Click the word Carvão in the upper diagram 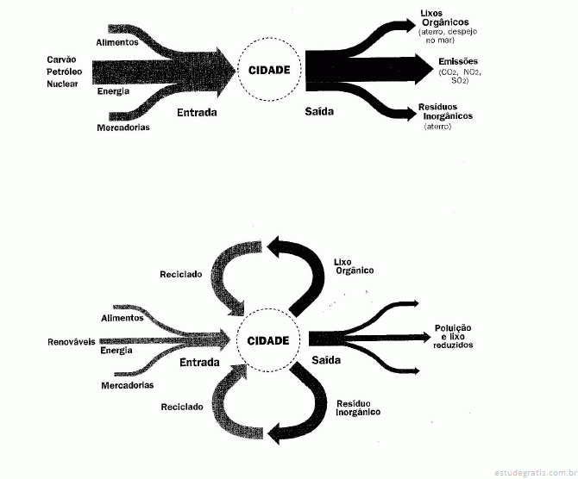pos(61,59)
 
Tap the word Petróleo pos(64,72)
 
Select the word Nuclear pos(62,84)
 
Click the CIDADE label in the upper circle pos(269,70)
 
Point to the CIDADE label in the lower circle pos(268,340)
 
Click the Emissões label pos(458,61)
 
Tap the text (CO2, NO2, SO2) pos(460,76)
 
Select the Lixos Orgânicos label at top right pos(445,18)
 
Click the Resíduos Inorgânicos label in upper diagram pos(445,111)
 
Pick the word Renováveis pos(72,342)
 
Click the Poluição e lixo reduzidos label pos(453,337)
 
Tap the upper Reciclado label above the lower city pos(181,274)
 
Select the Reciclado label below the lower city pos(182,407)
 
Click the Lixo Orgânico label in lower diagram pos(354,266)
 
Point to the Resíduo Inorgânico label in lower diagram pos(358,408)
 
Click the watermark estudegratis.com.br pos(535,472)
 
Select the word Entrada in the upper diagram pos(197,112)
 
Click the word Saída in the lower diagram pos(326,360)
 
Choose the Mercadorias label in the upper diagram pos(123,128)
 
